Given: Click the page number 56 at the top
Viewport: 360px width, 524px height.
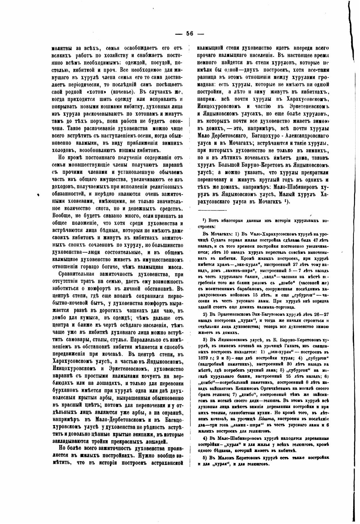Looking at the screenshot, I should (x=189, y=34).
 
